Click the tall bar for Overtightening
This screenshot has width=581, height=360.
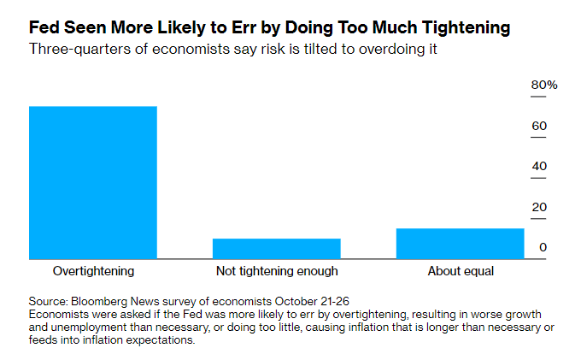pos(93,182)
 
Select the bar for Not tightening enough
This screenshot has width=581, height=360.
pos(276,248)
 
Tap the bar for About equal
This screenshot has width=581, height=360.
pos(460,243)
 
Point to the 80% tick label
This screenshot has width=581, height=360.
pos(544,86)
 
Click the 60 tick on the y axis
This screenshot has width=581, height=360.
pos(539,127)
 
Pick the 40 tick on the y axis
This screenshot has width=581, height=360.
pos(539,166)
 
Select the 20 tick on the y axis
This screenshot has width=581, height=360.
pos(539,207)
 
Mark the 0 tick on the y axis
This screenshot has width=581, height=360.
pos(543,248)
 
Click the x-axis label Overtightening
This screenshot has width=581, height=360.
pos(93,271)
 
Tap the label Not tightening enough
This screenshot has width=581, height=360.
pos(277,271)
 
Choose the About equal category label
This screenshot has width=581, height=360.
pos(461,271)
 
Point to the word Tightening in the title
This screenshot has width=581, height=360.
pos(461,28)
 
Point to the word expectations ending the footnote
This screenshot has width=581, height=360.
pos(159,339)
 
